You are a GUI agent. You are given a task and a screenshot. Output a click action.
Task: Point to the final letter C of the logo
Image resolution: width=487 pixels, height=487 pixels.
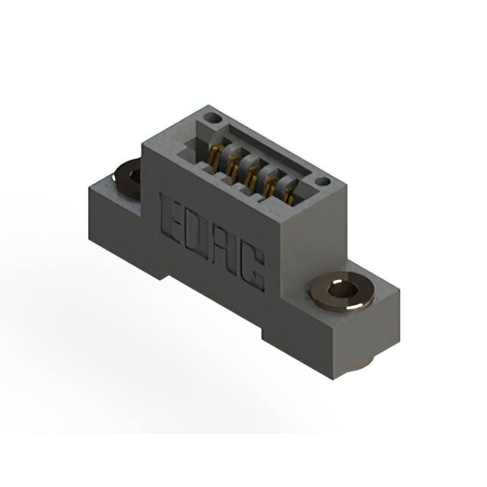click(252, 269)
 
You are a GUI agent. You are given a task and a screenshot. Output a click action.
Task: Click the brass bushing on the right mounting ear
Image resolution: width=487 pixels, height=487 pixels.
click(342, 292)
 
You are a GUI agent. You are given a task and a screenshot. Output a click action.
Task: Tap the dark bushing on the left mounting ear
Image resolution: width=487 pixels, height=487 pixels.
click(128, 177)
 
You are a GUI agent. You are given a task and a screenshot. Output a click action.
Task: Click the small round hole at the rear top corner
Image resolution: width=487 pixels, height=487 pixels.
click(212, 118)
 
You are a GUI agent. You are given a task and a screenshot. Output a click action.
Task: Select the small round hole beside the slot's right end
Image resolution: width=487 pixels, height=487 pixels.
click(323, 181)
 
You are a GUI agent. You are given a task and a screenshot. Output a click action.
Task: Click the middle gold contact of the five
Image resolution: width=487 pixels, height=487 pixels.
click(251, 177)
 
